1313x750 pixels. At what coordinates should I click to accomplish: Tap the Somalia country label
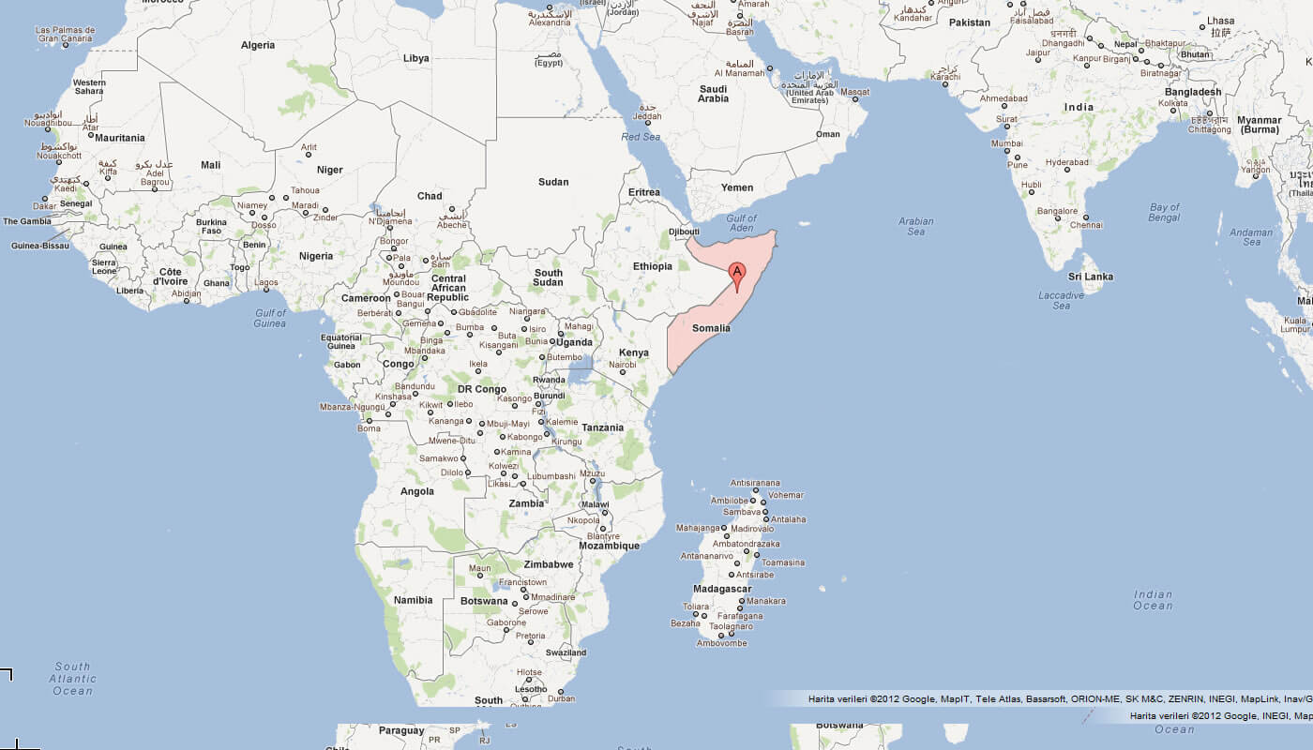click(x=711, y=328)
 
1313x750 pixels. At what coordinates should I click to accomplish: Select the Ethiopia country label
click(x=652, y=266)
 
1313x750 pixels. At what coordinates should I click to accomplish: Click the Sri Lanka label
click(x=1091, y=277)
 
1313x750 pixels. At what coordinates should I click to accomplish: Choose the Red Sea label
click(x=641, y=137)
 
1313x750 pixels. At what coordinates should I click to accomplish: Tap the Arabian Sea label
click(x=915, y=227)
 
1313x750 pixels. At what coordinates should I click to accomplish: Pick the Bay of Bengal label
click(x=1164, y=212)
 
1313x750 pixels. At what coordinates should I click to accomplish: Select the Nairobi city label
click(x=622, y=364)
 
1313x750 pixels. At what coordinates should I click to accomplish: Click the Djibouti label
click(x=684, y=232)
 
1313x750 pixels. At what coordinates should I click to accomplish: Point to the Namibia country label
click(x=414, y=600)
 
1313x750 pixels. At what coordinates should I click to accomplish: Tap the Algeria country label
click(x=258, y=45)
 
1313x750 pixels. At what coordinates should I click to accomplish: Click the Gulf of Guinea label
click(x=269, y=318)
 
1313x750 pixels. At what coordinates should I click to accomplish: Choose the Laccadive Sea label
click(x=1061, y=300)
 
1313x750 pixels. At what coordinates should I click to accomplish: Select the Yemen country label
click(x=737, y=187)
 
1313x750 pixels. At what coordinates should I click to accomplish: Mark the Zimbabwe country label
click(x=549, y=564)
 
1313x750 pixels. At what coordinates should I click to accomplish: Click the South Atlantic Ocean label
click(x=72, y=679)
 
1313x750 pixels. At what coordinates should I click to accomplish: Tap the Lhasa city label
click(x=1220, y=21)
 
